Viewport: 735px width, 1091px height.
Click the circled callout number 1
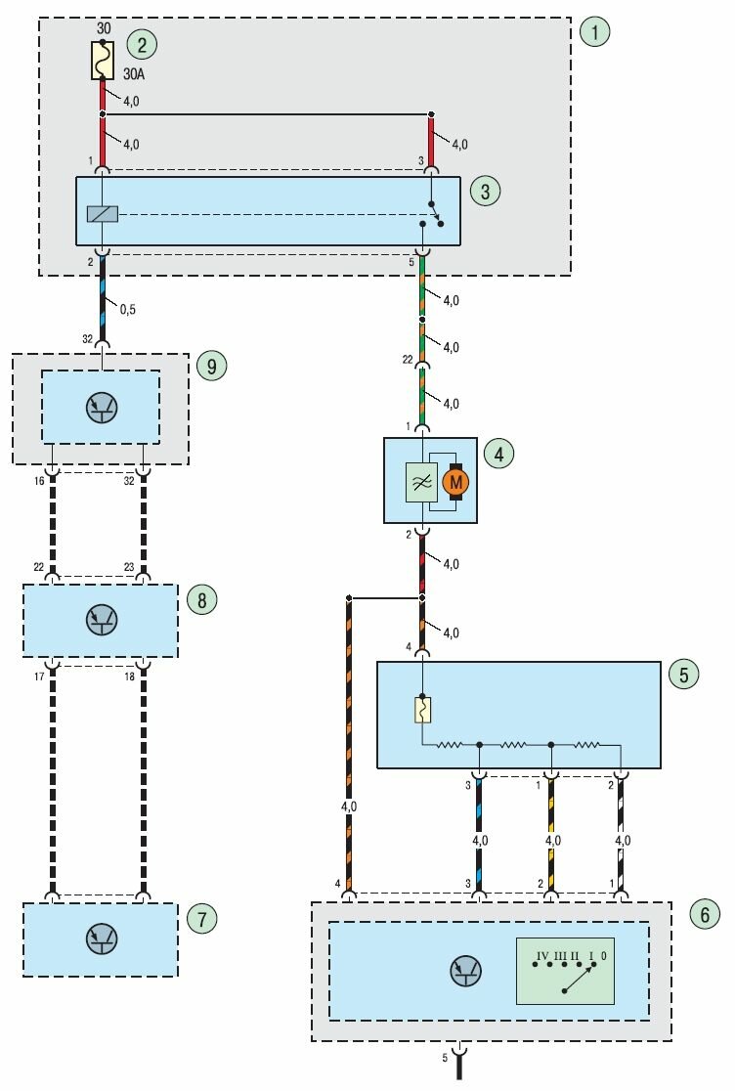tap(594, 31)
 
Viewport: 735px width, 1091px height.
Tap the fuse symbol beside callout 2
tap(103, 61)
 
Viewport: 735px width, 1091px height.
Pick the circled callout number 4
tap(498, 454)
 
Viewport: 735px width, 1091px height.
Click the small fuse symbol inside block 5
tap(422, 709)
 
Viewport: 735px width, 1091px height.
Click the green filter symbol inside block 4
tap(423, 482)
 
